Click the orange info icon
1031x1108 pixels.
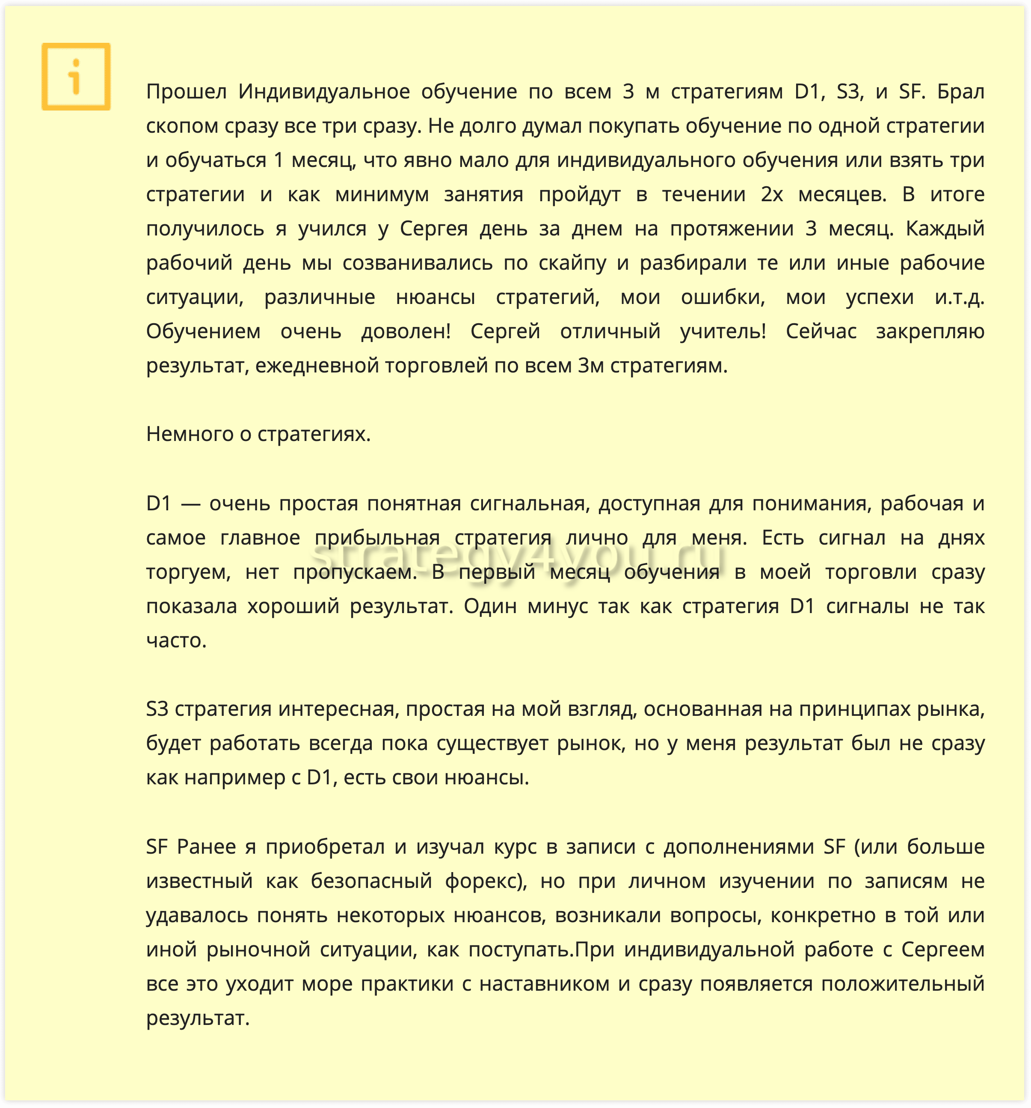(x=76, y=76)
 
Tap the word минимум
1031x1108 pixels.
(x=382, y=194)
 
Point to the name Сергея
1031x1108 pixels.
(x=434, y=229)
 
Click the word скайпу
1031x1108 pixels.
(x=572, y=263)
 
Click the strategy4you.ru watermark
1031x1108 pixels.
(x=518, y=557)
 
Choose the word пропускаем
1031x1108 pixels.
(x=355, y=572)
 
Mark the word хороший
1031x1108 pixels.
(x=293, y=606)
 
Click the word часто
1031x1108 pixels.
(x=176, y=641)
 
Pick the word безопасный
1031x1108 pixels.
(x=371, y=881)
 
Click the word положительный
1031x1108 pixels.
(x=902, y=984)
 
